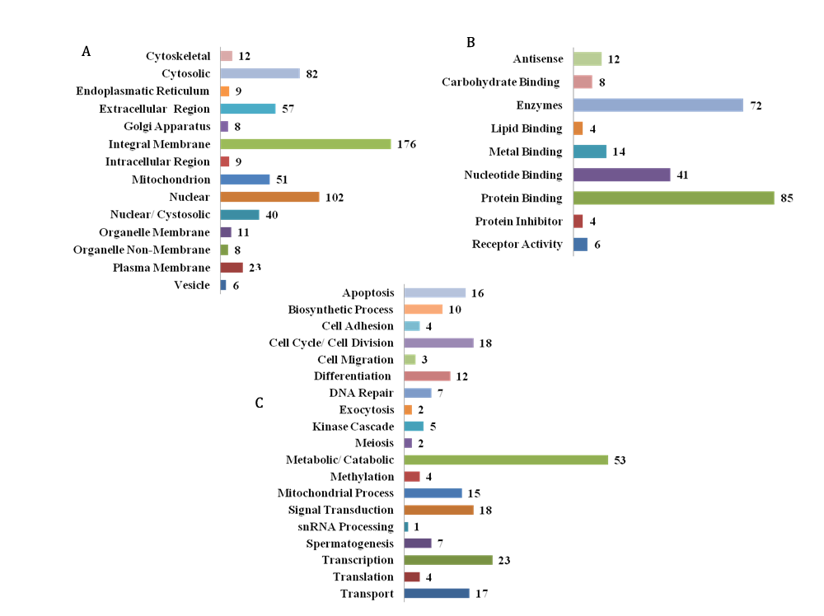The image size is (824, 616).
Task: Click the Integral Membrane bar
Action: [305, 144]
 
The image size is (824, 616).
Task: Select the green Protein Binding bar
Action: [673, 198]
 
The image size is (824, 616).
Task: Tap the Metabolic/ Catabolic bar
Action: [506, 460]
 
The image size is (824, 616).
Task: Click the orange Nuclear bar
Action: [269, 197]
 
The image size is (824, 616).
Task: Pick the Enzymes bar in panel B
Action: [658, 105]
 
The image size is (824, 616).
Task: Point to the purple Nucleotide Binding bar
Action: [621, 175]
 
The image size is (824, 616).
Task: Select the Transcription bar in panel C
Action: [448, 560]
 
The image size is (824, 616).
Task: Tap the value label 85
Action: [786, 198]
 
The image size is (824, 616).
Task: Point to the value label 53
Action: [620, 460]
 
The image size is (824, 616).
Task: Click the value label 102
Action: [334, 197]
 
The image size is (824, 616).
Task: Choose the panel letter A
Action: [86, 51]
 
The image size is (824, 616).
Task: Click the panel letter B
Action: [471, 42]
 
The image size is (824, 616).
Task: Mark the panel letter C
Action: [260, 403]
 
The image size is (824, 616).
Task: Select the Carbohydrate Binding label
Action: [501, 82]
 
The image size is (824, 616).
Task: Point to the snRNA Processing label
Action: [346, 526]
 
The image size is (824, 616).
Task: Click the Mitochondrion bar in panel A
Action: [245, 180]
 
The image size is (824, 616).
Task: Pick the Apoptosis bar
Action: [434, 293]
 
